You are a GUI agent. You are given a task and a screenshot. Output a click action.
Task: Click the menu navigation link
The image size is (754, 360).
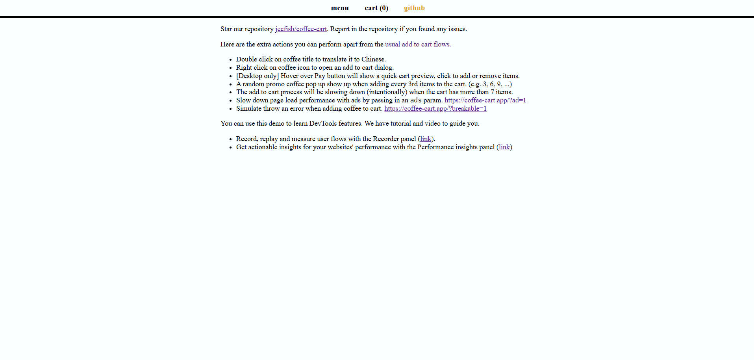click(x=339, y=8)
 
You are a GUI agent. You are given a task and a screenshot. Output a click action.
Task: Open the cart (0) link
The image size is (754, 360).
click(x=376, y=8)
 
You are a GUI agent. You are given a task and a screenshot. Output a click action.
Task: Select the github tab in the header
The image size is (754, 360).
click(x=414, y=8)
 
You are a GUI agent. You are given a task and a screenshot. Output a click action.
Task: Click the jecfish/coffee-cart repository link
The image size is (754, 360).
click(x=301, y=29)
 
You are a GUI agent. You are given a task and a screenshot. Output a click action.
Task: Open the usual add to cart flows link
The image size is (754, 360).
click(x=418, y=45)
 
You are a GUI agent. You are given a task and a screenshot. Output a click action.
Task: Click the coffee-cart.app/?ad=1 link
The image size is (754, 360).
click(x=485, y=100)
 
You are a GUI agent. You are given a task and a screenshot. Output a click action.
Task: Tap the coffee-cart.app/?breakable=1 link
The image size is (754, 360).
click(x=435, y=109)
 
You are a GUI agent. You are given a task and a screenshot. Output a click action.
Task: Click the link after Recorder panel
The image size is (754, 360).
click(x=426, y=139)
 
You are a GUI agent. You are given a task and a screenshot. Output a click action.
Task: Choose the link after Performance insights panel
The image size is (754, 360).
click(x=504, y=147)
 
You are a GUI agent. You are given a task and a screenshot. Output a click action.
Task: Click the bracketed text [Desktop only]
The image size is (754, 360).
click(x=258, y=76)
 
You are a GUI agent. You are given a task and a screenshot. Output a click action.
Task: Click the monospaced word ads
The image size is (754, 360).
click(x=416, y=100)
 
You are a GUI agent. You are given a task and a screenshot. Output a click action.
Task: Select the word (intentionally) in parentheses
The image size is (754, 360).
click(x=387, y=92)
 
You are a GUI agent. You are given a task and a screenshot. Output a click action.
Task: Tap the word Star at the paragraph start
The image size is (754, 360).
click(x=226, y=29)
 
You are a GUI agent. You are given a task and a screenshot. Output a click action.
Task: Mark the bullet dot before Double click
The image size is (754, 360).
click(x=230, y=60)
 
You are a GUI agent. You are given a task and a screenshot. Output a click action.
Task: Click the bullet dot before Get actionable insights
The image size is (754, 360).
click(x=230, y=148)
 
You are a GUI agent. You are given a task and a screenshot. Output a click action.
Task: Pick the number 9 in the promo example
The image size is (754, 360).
click(x=499, y=84)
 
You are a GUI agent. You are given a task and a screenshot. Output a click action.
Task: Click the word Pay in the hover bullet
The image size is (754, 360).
click(x=320, y=76)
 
